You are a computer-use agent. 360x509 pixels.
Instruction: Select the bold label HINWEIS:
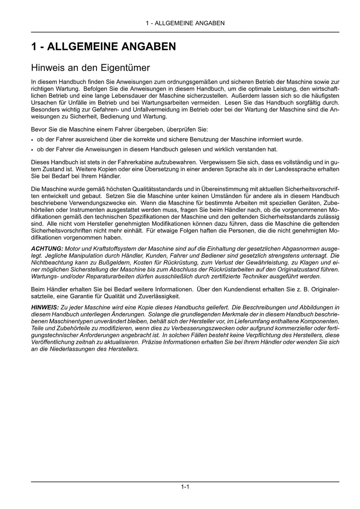(x=45, y=307)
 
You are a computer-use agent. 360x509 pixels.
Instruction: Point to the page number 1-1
(x=185, y=487)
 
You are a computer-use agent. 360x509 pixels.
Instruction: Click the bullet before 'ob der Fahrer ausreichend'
(x=32, y=140)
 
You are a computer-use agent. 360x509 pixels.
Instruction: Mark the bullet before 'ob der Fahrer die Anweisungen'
(x=32, y=150)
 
